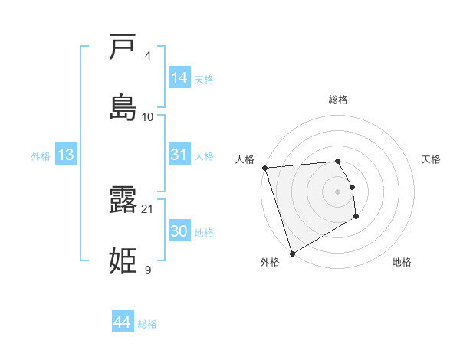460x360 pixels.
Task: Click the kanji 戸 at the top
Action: [x=123, y=47]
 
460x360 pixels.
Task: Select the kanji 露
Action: [x=123, y=201]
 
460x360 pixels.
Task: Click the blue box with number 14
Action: [x=179, y=77]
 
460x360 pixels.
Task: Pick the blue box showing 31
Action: [x=179, y=155]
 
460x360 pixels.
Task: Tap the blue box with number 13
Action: [x=66, y=155]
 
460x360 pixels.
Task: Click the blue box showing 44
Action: [x=123, y=322]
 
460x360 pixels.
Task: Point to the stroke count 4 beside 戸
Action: [x=148, y=56]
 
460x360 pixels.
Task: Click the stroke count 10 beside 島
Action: [x=148, y=116]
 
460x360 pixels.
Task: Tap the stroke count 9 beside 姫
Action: [x=148, y=270]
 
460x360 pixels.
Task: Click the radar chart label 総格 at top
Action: [x=338, y=100]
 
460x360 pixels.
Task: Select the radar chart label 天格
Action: [x=432, y=159]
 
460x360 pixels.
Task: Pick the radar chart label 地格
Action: [x=402, y=262]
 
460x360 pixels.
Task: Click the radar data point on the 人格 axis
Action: [x=264, y=168]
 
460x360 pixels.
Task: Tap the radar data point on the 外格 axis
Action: [x=292, y=253]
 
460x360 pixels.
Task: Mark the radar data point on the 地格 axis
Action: [x=356, y=217]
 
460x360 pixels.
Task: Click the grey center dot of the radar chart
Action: [x=338, y=191]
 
